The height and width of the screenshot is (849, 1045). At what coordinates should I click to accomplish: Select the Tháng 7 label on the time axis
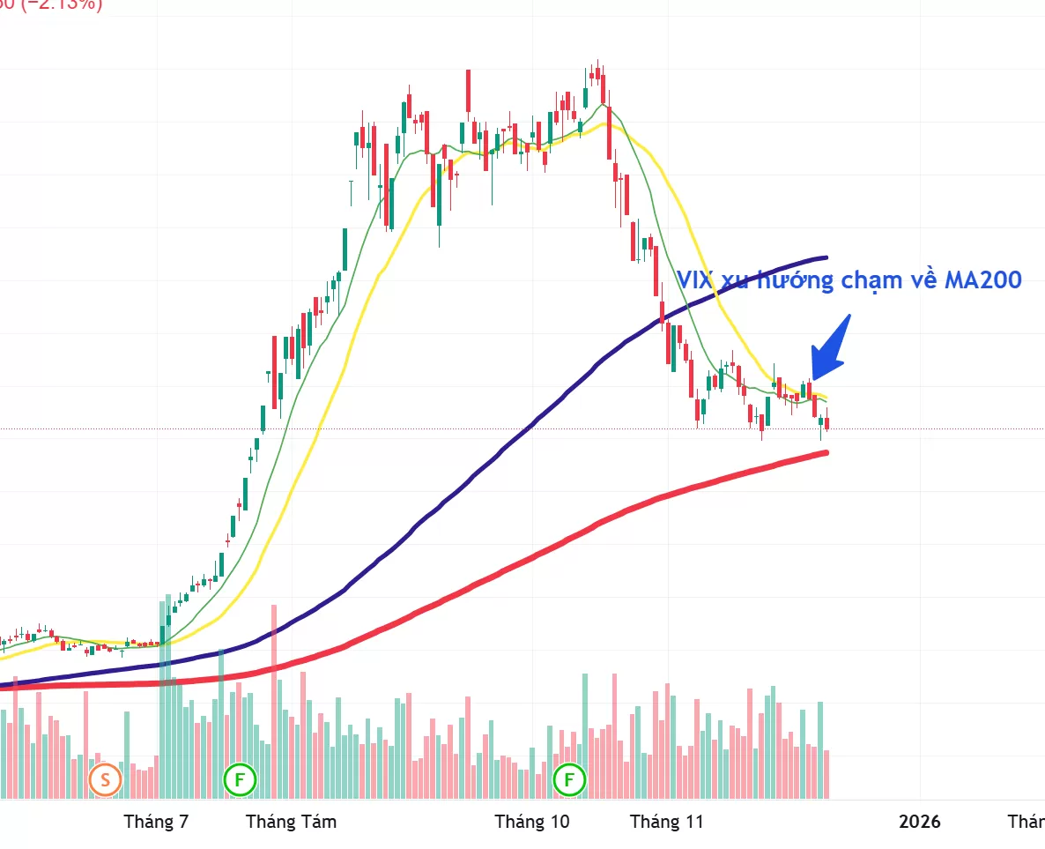(x=156, y=822)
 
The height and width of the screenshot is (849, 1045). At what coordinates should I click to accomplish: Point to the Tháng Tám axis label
(x=291, y=822)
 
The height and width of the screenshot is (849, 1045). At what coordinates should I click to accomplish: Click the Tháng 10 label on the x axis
(x=532, y=822)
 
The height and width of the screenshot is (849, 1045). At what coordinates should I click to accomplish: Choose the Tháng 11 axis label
(x=667, y=822)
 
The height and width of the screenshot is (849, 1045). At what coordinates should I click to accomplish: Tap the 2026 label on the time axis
(x=919, y=822)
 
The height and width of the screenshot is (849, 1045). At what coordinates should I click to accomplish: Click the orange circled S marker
(x=105, y=779)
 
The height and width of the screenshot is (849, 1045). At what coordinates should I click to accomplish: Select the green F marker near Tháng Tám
(x=239, y=779)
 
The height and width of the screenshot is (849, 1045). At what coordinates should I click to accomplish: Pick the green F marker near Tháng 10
(x=569, y=779)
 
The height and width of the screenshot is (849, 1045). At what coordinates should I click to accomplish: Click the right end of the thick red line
(x=825, y=453)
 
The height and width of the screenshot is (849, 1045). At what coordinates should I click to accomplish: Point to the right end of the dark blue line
(x=825, y=258)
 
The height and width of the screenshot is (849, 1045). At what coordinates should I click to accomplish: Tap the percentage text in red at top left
(x=53, y=5)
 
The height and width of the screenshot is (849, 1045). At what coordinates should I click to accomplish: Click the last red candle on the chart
(x=826, y=424)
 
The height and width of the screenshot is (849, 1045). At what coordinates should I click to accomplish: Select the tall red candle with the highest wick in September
(x=469, y=93)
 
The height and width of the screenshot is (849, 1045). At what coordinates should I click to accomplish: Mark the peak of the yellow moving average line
(x=604, y=123)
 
